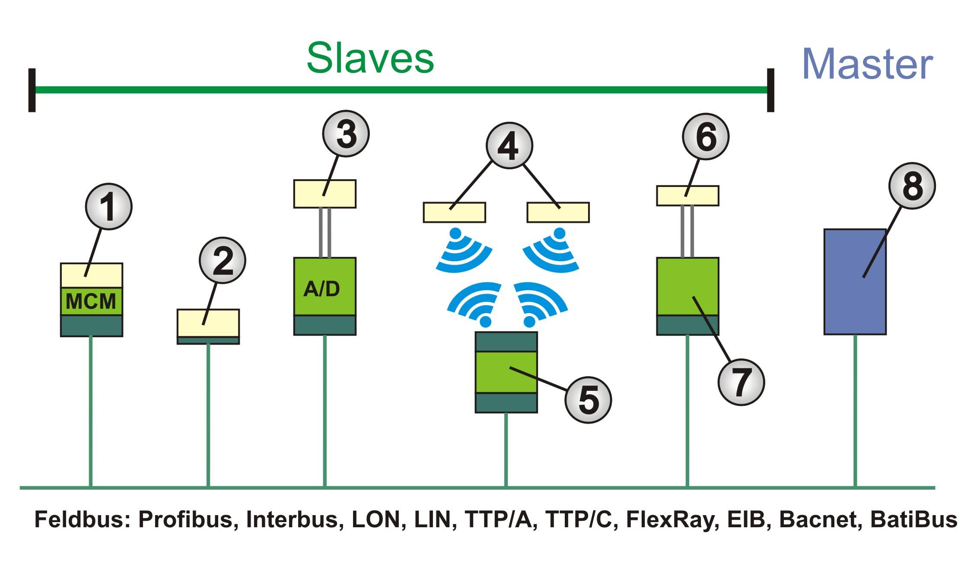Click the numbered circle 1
click(108, 206)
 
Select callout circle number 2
click(223, 260)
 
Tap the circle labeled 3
click(346, 133)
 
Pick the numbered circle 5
click(588, 399)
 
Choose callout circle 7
click(741, 382)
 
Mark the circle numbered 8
click(912, 186)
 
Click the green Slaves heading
click(370, 59)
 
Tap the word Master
click(867, 64)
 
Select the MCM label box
click(91, 301)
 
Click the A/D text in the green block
click(322, 288)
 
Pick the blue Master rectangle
click(855, 282)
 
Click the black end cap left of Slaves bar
click(32, 90)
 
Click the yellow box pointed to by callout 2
click(208, 323)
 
